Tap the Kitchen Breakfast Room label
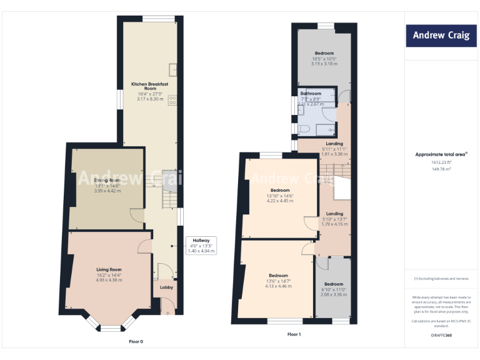149,86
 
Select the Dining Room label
107,181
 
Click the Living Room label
108,269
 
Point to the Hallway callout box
201,245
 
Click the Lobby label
166,287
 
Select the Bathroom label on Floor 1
311,94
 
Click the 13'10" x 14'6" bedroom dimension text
279,196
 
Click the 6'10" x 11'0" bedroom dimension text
333,289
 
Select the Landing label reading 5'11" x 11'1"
334,149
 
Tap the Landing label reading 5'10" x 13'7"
334,219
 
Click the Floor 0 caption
136,341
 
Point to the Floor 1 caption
294,335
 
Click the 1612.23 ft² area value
441,162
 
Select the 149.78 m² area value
441,168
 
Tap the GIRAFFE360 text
441,335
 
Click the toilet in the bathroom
304,129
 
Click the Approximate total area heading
441,154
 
